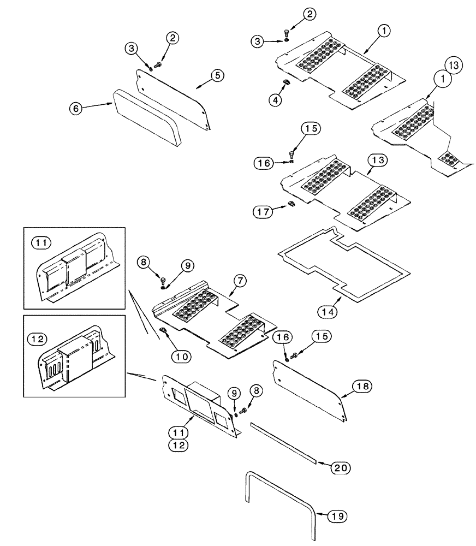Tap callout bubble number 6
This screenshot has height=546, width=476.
pyautogui.click(x=77, y=109)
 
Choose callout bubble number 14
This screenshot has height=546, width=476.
pyautogui.click(x=326, y=311)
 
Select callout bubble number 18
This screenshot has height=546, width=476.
pyautogui.click(x=364, y=387)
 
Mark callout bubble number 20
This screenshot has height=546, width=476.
pyautogui.click(x=337, y=468)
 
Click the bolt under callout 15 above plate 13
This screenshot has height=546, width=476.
pyautogui.click(x=292, y=152)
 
